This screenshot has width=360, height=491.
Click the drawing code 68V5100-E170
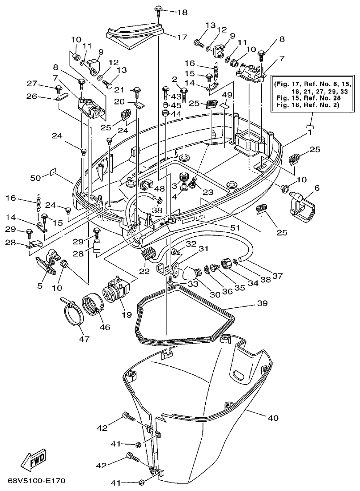coord(37,481)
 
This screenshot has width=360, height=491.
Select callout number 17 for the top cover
coord(182,38)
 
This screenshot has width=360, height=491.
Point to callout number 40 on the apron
coord(273,418)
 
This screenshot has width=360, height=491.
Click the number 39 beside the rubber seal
coord(262,303)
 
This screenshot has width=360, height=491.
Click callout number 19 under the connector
coord(127,315)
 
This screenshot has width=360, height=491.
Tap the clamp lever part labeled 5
coord(44,264)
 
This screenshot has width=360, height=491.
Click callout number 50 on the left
coord(35,178)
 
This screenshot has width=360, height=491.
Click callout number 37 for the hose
coord(278,276)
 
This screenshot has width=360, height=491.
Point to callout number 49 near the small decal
coord(227,95)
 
